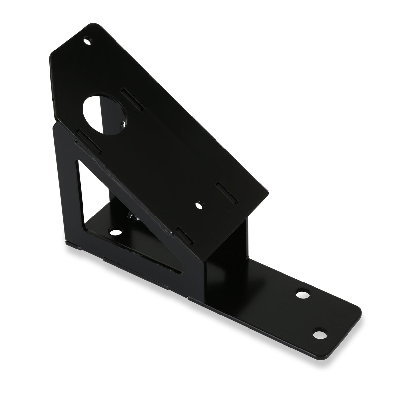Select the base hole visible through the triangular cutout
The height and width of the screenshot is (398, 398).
(115, 233)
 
